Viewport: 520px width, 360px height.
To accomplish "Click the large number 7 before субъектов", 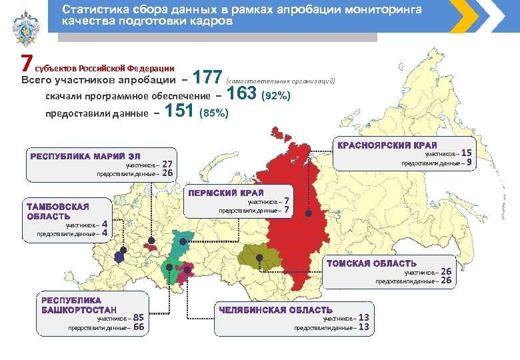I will [26, 64].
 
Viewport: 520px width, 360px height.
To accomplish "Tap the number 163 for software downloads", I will [242, 94].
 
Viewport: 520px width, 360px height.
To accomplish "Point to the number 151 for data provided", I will [179, 111].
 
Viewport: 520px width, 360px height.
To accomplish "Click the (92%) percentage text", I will [276, 96].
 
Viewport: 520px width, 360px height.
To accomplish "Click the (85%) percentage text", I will [215, 113].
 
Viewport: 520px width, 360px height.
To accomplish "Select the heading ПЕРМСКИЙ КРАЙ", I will [231, 193].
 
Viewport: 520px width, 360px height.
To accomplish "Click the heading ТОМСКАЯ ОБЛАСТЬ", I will [371, 263].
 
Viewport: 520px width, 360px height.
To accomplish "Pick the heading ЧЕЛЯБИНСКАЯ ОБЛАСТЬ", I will [275, 310].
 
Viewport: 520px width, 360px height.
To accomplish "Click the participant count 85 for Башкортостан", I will [139, 318].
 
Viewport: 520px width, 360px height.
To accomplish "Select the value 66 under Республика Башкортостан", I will [139, 327].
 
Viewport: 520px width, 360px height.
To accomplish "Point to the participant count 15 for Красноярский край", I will [466, 153].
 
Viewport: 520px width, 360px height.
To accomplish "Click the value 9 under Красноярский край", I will [469, 162].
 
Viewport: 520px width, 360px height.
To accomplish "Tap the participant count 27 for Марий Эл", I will [168, 164].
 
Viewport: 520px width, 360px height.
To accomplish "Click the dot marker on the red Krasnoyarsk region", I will [309, 213].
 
